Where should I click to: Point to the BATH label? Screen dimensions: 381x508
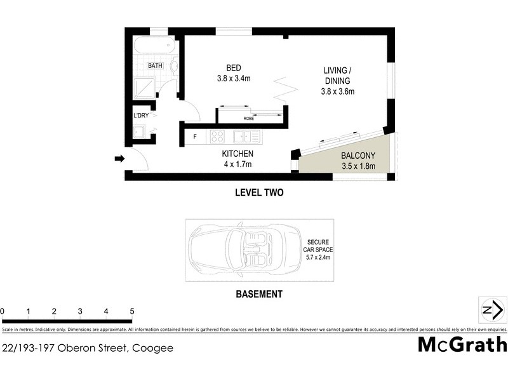point(154,65)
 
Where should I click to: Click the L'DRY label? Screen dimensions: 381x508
point(141,116)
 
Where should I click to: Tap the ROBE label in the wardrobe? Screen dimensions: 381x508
point(250,118)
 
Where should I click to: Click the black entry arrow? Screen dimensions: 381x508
point(119,159)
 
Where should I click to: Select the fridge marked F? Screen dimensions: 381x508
point(194,136)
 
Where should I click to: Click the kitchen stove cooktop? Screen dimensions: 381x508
point(217,136)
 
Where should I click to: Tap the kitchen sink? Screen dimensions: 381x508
point(244,136)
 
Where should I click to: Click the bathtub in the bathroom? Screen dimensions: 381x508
point(150,46)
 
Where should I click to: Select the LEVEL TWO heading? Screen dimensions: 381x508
point(258,192)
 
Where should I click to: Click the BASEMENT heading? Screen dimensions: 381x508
point(258,294)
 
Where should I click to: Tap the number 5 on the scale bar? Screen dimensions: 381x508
point(131,311)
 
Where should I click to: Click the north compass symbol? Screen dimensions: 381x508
point(492,310)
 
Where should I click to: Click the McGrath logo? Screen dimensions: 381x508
point(462,345)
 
